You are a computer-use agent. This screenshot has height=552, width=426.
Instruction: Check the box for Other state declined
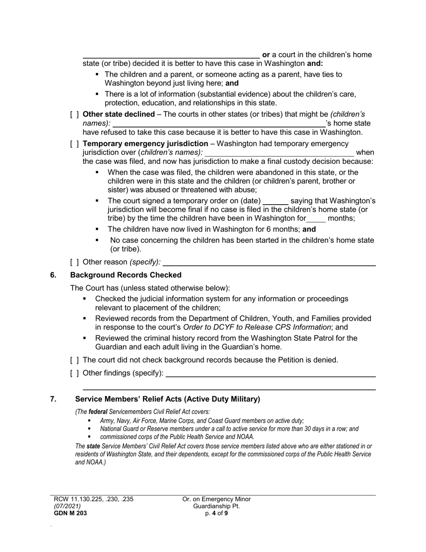[x=74, y=114]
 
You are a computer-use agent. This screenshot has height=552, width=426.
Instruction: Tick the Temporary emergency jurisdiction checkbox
[x=74, y=144]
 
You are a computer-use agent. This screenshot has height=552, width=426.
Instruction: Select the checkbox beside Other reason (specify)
[x=74, y=262]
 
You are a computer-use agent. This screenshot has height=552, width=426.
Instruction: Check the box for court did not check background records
[x=74, y=360]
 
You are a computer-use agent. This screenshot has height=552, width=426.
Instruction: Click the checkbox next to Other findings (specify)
[x=74, y=373]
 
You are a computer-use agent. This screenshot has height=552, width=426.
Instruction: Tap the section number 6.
[x=53, y=275]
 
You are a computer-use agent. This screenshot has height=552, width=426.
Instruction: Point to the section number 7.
[x=53, y=399]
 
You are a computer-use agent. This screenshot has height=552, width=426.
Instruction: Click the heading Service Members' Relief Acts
[x=167, y=399]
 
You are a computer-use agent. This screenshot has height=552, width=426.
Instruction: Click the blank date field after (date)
[x=275, y=201]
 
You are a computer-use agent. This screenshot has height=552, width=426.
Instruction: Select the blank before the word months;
[x=316, y=219]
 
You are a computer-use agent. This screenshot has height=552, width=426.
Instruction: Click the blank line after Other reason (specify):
[x=272, y=262]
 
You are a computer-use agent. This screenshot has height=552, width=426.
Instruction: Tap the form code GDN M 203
[x=70, y=513]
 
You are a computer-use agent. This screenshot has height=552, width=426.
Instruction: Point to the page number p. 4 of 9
[x=217, y=513]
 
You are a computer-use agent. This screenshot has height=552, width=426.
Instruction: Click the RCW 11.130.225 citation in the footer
[x=93, y=499]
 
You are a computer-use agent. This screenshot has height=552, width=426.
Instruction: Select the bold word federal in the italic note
[x=98, y=412]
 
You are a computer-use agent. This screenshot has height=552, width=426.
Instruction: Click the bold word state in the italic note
[x=93, y=447]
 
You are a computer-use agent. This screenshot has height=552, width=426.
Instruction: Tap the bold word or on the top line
[x=266, y=55]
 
